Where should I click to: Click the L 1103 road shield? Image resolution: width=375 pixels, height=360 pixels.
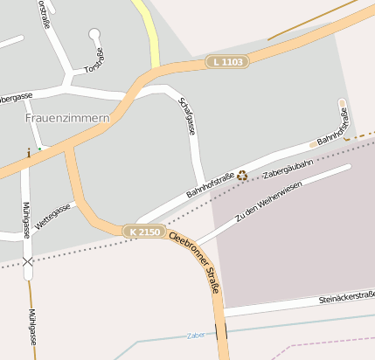point(229,62)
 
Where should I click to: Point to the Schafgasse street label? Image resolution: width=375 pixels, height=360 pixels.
point(186,116)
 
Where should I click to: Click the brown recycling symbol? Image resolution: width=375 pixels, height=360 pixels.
point(242,175)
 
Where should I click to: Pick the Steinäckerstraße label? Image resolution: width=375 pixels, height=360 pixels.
point(346,297)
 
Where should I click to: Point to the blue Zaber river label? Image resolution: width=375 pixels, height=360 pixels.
point(195,335)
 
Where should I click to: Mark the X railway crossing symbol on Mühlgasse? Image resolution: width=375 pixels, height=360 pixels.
point(28,260)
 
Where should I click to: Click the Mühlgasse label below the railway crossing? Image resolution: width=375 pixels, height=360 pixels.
point(31,327)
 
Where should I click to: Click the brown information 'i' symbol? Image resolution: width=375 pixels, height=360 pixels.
point(29,152)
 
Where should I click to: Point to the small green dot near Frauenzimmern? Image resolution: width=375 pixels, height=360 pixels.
point(38,148)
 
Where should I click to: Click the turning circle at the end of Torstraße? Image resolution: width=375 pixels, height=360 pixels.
point(94,34)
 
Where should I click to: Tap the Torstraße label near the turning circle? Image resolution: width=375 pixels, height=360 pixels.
point(92,59)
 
